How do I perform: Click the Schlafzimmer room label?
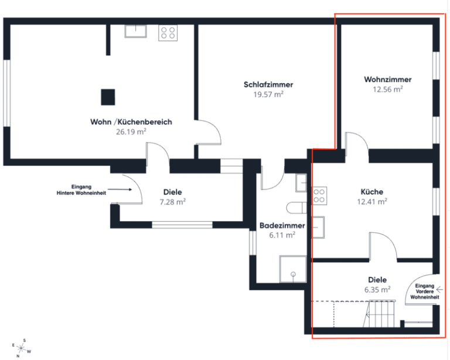(x=268, y=84)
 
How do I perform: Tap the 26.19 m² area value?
(x=131, y=132)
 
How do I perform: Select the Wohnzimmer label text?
(x=387, y=79)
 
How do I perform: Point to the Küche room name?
(x=372, y=192)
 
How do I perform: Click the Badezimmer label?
(x=277, y=225)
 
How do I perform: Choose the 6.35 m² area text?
(x=377, y=289)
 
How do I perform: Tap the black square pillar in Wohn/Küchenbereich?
(x=108, y=96)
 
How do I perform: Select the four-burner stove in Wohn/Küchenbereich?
(x=168, y=32)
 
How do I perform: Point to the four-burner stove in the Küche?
(x=319, y=195)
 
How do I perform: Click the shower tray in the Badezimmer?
(x=292, y=267)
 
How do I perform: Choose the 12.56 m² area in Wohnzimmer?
(x=387, y=89)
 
